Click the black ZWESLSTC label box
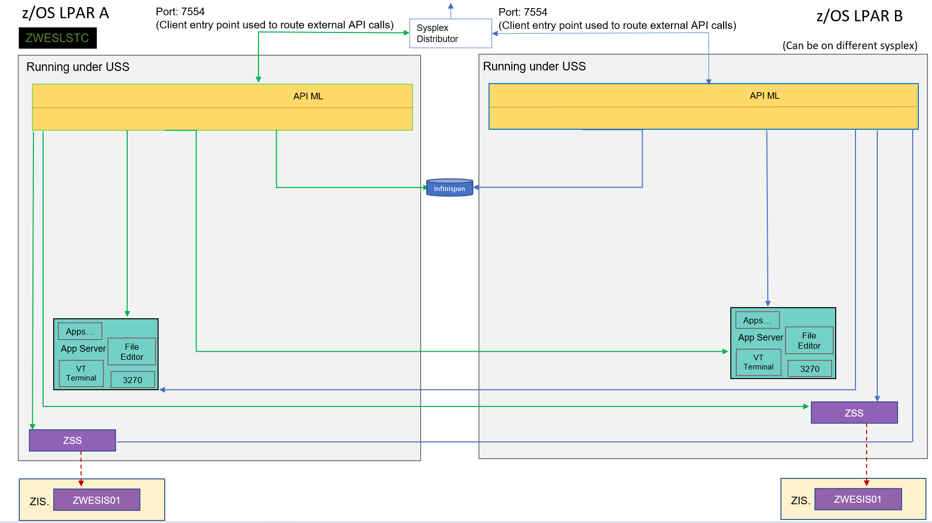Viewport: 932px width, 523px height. pyautogui.click(x=57, y=38)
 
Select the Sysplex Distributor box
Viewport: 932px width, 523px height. pyautogui.click(x=450, y=33)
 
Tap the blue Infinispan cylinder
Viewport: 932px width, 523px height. pyautogui.click(x=450, y=188)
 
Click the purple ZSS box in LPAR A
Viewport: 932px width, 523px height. pyautogui.click(x=72, y=440)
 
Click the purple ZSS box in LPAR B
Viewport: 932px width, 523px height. pyautogui.click(x=854, y=413)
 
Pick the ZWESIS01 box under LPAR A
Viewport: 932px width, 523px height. pyautogui.click(x=96, y=500)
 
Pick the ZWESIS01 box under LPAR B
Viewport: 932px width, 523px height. pyautogui.click(x=858, y=499)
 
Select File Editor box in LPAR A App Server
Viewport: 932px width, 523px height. pyautogui.click(x=132, y=352)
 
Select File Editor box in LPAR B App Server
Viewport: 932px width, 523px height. pyautogui.click(x=809, y=341)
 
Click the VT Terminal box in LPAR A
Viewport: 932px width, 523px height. pyautogui.click(x=81, y=373)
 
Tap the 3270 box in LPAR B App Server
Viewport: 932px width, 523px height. pyautogui.click(x=809, y=368)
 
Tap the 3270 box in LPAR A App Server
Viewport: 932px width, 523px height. pyautogui.click(x=132, y=380)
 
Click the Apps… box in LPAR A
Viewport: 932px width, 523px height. pyautogui.click(x=80, y=331)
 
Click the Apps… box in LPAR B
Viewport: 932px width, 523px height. pyautogui.click(x=757, y=320)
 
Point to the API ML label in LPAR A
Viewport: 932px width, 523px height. pyautogui.click(x=308, y=96)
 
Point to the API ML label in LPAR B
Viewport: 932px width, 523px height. pyautogui.click(x=764, y=96)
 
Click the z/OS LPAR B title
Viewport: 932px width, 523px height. pyautogui.click(x=859, y=16)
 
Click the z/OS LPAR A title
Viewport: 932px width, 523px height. pyautogui.click(x=65, y=13)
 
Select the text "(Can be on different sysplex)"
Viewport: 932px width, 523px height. pyautogui.click(x=849, y=46)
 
